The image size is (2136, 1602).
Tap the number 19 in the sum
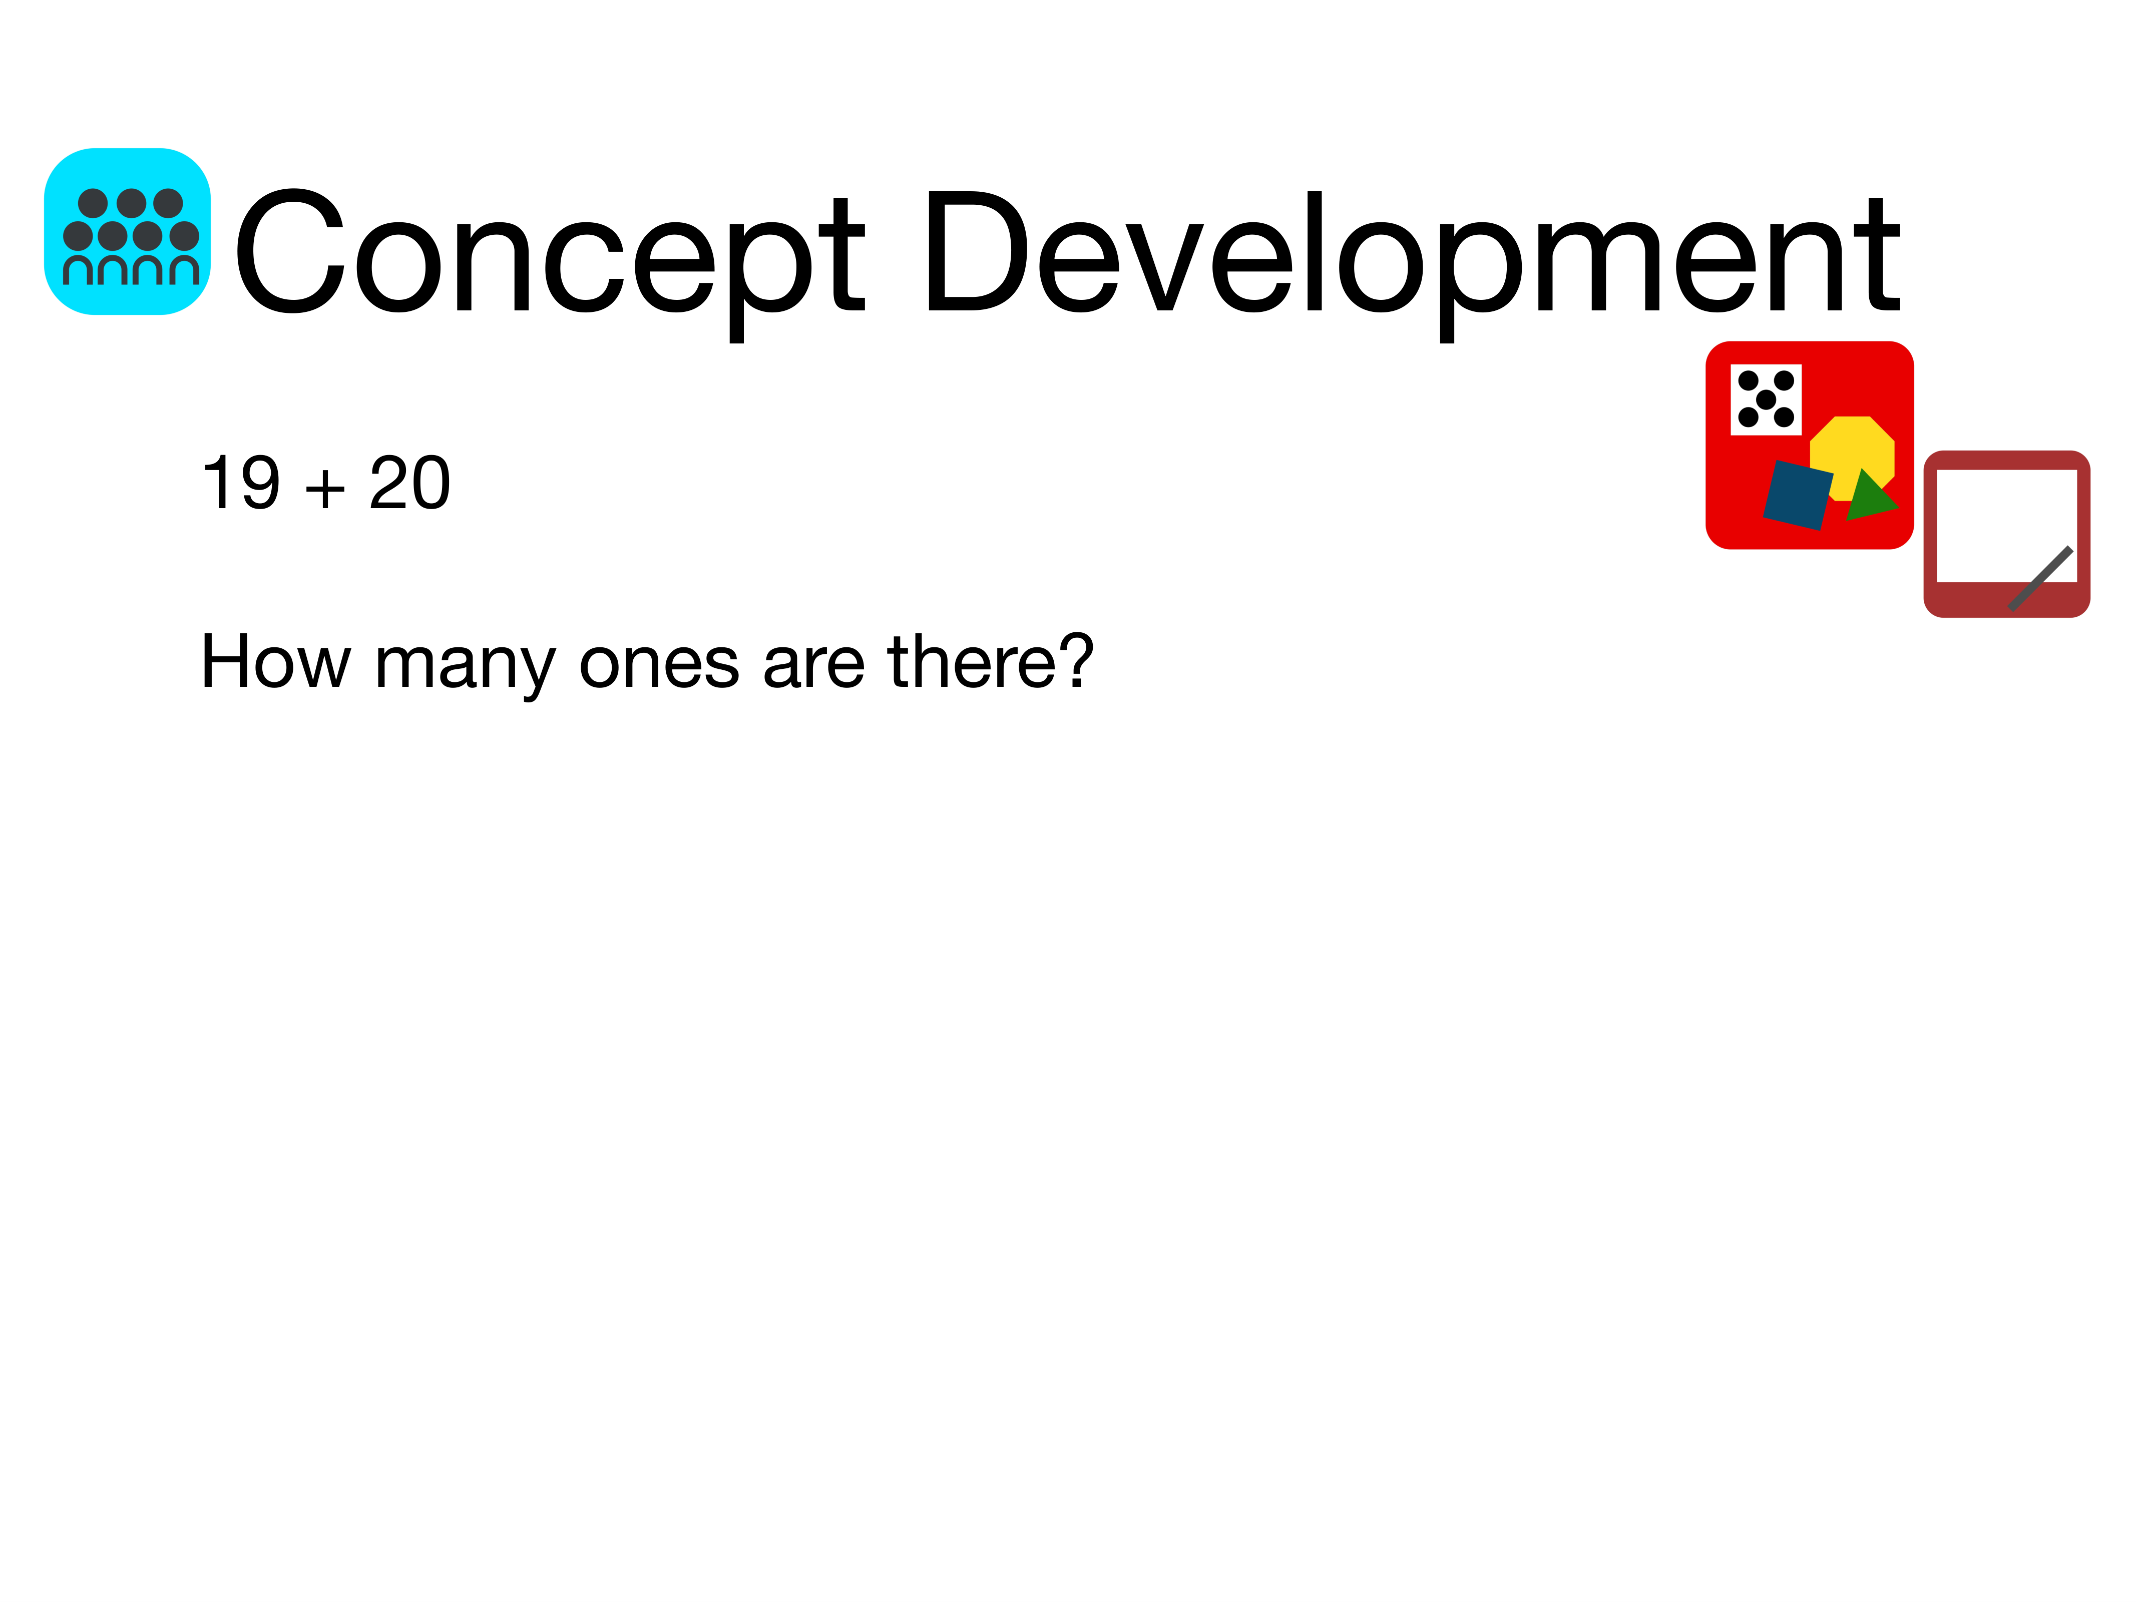click(241, 483)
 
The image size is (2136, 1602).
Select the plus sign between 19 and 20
click(325, 488)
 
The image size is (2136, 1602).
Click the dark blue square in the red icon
click(1798, 495)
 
